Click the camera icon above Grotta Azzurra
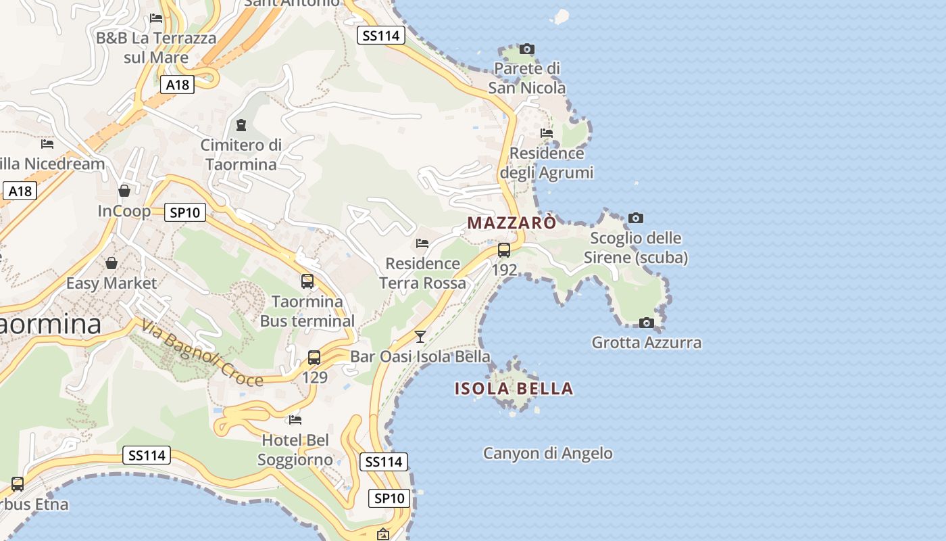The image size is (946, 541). coord(647,323)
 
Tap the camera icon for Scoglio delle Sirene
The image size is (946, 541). coord(636,218)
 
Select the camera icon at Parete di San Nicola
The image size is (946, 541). coord(527,49)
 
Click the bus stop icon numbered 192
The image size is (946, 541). coord(504,250)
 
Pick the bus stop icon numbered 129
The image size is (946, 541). coord(314,358)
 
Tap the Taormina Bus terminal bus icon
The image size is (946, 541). coord(307,281)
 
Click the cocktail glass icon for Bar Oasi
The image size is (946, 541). coord(420,336)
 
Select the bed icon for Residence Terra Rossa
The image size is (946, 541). coord(423,243)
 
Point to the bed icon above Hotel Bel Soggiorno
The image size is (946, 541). coord(295,420)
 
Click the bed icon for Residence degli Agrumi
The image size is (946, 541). coord(547,133)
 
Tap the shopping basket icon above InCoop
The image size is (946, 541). coord(124,191)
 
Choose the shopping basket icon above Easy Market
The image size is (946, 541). coord(111,262)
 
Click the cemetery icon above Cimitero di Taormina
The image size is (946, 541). coord(241,125)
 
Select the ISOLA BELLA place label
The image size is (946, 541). coord(514,389)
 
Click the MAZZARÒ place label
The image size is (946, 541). coord(513,222)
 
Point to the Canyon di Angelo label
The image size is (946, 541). coord(548,453)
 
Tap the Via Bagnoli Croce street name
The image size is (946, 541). coord(202,354)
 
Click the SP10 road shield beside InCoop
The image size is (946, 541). coord(185,212)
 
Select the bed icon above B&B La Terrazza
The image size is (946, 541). coord(157,18)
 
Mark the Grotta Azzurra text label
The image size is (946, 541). coord(647,343)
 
